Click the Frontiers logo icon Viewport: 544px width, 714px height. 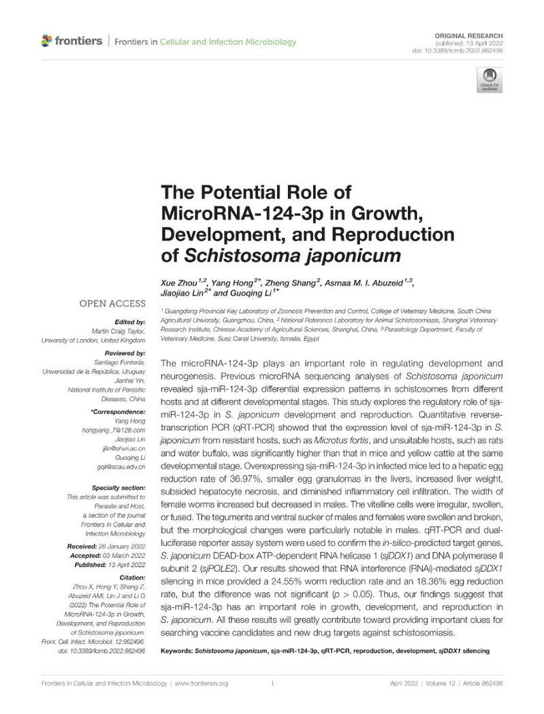46,42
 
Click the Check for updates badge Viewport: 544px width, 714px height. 487,79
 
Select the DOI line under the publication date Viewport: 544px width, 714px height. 471,50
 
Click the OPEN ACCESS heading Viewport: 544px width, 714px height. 112,304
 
